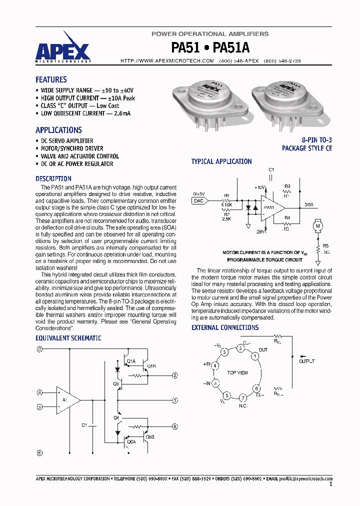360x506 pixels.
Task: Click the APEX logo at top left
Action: pyautogui.click(x=63, y=48)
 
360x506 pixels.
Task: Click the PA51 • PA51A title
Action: pyautogui.click(x=210, y=47)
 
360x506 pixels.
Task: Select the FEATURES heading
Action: pyautogui.click(x=51, y=79)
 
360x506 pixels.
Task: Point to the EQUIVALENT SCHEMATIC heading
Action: pyautogui.click(x=68, y=338)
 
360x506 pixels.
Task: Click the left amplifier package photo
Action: pyautogui.click(x=210, y=100)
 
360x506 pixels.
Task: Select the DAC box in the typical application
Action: pyautogui.click(x=198, y=200)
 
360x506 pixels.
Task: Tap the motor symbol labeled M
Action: pyautogui.click(x=316, y=226)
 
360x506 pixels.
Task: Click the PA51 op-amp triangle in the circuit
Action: pyautogui.click(x=270, y=207)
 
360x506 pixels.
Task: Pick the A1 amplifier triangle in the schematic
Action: pyautogui.click(x=67, y=399)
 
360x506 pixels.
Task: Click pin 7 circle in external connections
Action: pyautogui.click(x=243, y=398)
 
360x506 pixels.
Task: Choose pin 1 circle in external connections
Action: pyautogui.click(x=254, y=356)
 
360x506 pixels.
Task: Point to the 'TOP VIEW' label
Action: pyautogui.click(x=237, y=373)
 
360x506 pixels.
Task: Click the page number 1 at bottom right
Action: pyautogui.click(x=330, y=484)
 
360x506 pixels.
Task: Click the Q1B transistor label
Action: pyautogui.click(x=151, y=365)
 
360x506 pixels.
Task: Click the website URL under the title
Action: pyautogui.click(x=167, y=60)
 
